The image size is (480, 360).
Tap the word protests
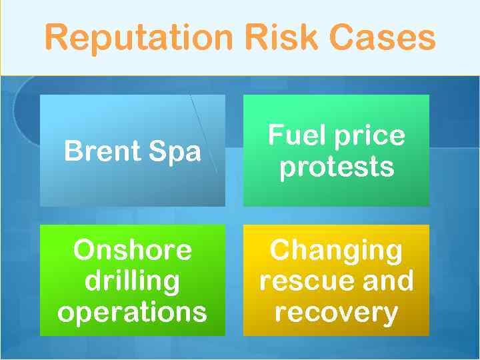click(x=337, y=167)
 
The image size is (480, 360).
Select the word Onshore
click(x=132, y=250)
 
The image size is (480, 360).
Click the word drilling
click(x=132, y=281)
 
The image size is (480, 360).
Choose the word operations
click(x=132, y=312)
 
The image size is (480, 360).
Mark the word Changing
click(x=337, y=251)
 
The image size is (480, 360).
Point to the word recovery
click(x=337, y=312)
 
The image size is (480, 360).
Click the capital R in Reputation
click(x=56, y=37)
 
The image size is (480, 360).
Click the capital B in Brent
click(x=72, y=151)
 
